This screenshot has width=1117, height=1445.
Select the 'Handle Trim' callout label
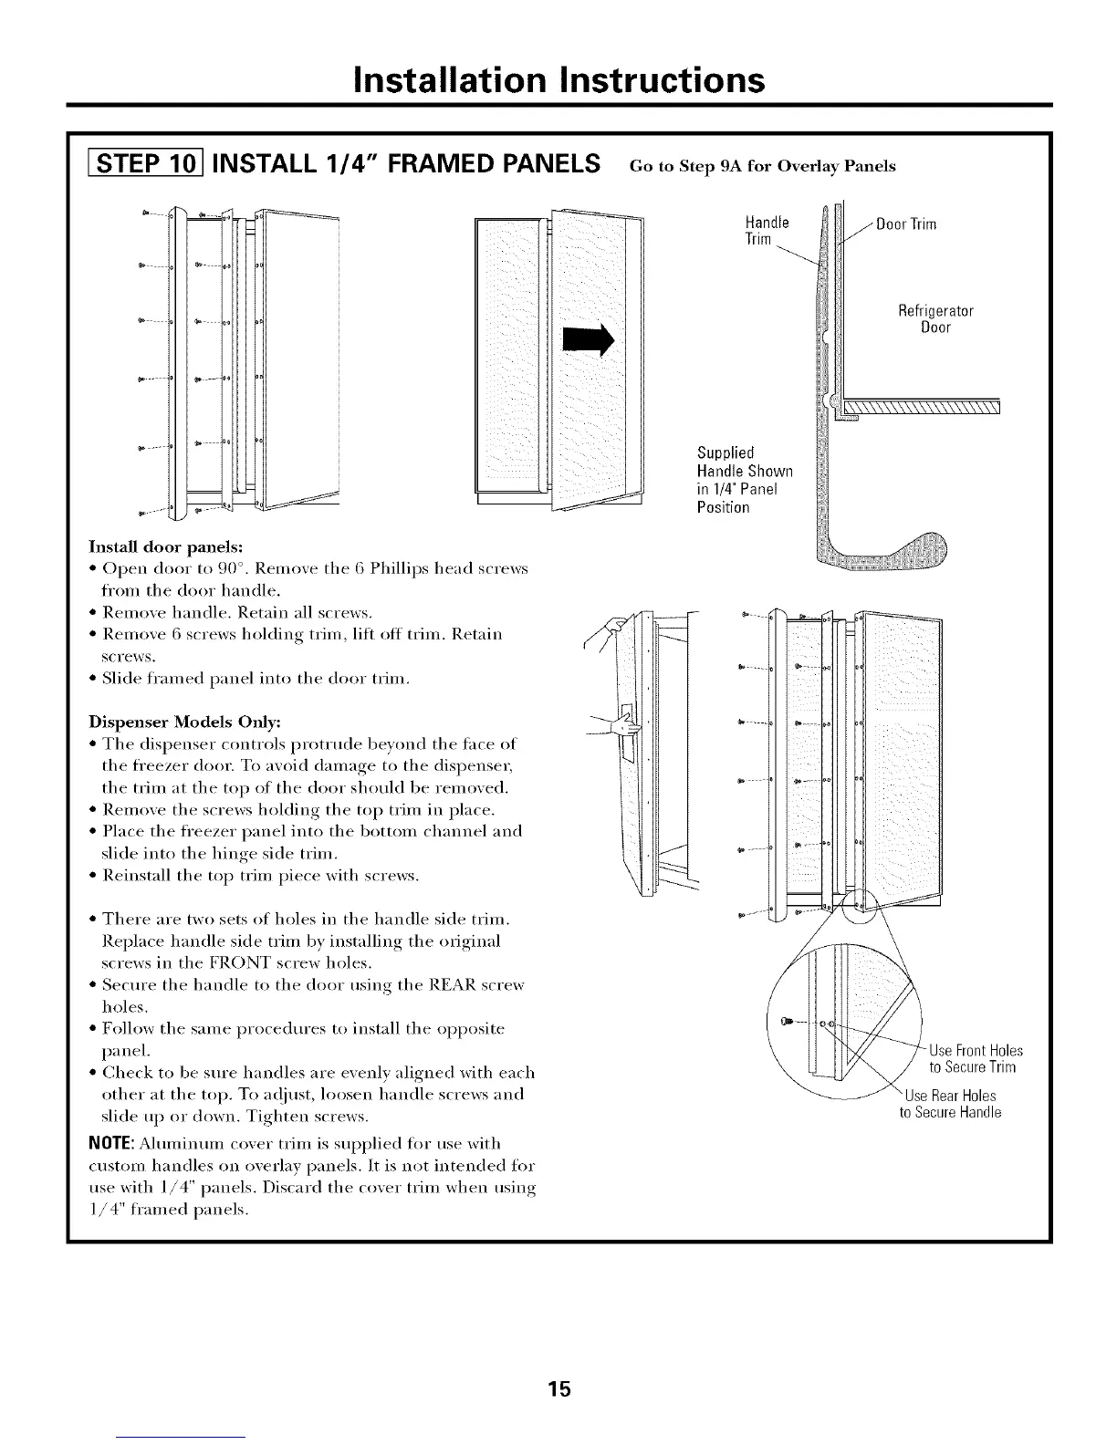point(767,231)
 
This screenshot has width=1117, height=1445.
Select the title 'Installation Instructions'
point(558,80)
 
